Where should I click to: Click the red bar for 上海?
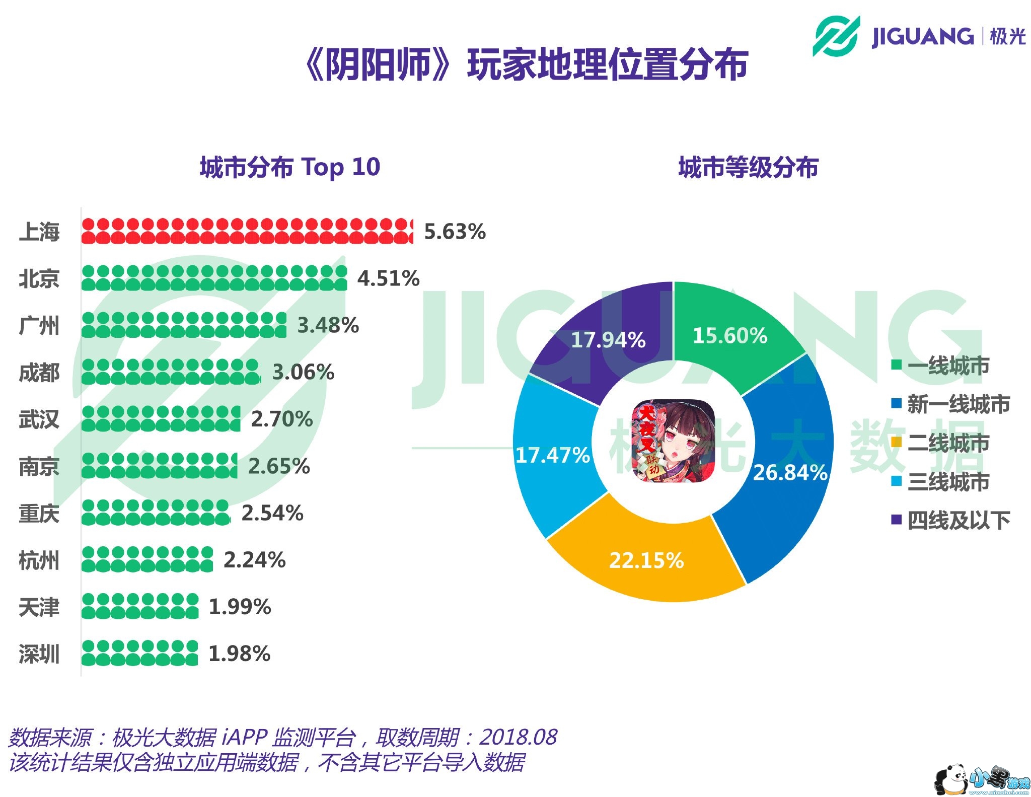(x=247, y=231)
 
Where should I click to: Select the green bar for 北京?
(x=214, y=278)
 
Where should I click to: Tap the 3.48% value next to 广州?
(x=328, y=325)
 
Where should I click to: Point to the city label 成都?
(x=39, y=373)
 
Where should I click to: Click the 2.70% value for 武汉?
(x=282, y=419)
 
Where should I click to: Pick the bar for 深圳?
(x=139, y=653)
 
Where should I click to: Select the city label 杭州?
(x=39, y=560)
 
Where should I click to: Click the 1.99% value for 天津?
(x=240, y=607)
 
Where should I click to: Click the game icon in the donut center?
(x=673, y=441)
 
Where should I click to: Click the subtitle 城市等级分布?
(x=748, y=167)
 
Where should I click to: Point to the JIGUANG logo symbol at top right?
(x=836, y=36)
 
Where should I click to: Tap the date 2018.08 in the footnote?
(x=518, y=738)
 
